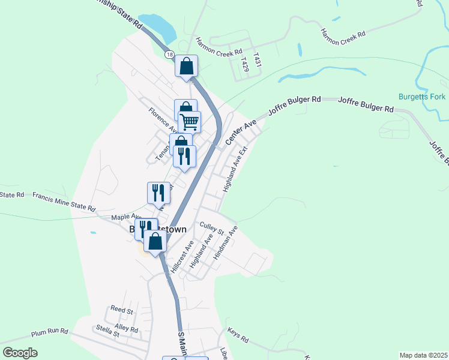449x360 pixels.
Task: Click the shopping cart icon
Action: (189, 122)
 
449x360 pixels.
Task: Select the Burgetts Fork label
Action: (420, 97)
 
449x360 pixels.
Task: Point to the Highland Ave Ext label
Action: (235, 170)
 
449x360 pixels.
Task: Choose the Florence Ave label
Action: (163, 119)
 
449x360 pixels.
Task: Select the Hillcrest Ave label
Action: (182, 257)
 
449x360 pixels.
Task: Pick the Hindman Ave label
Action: (226, 242)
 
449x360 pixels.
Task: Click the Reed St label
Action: (121, 310)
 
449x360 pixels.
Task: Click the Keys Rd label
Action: (238, 334)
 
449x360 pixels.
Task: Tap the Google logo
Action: (20, 353)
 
